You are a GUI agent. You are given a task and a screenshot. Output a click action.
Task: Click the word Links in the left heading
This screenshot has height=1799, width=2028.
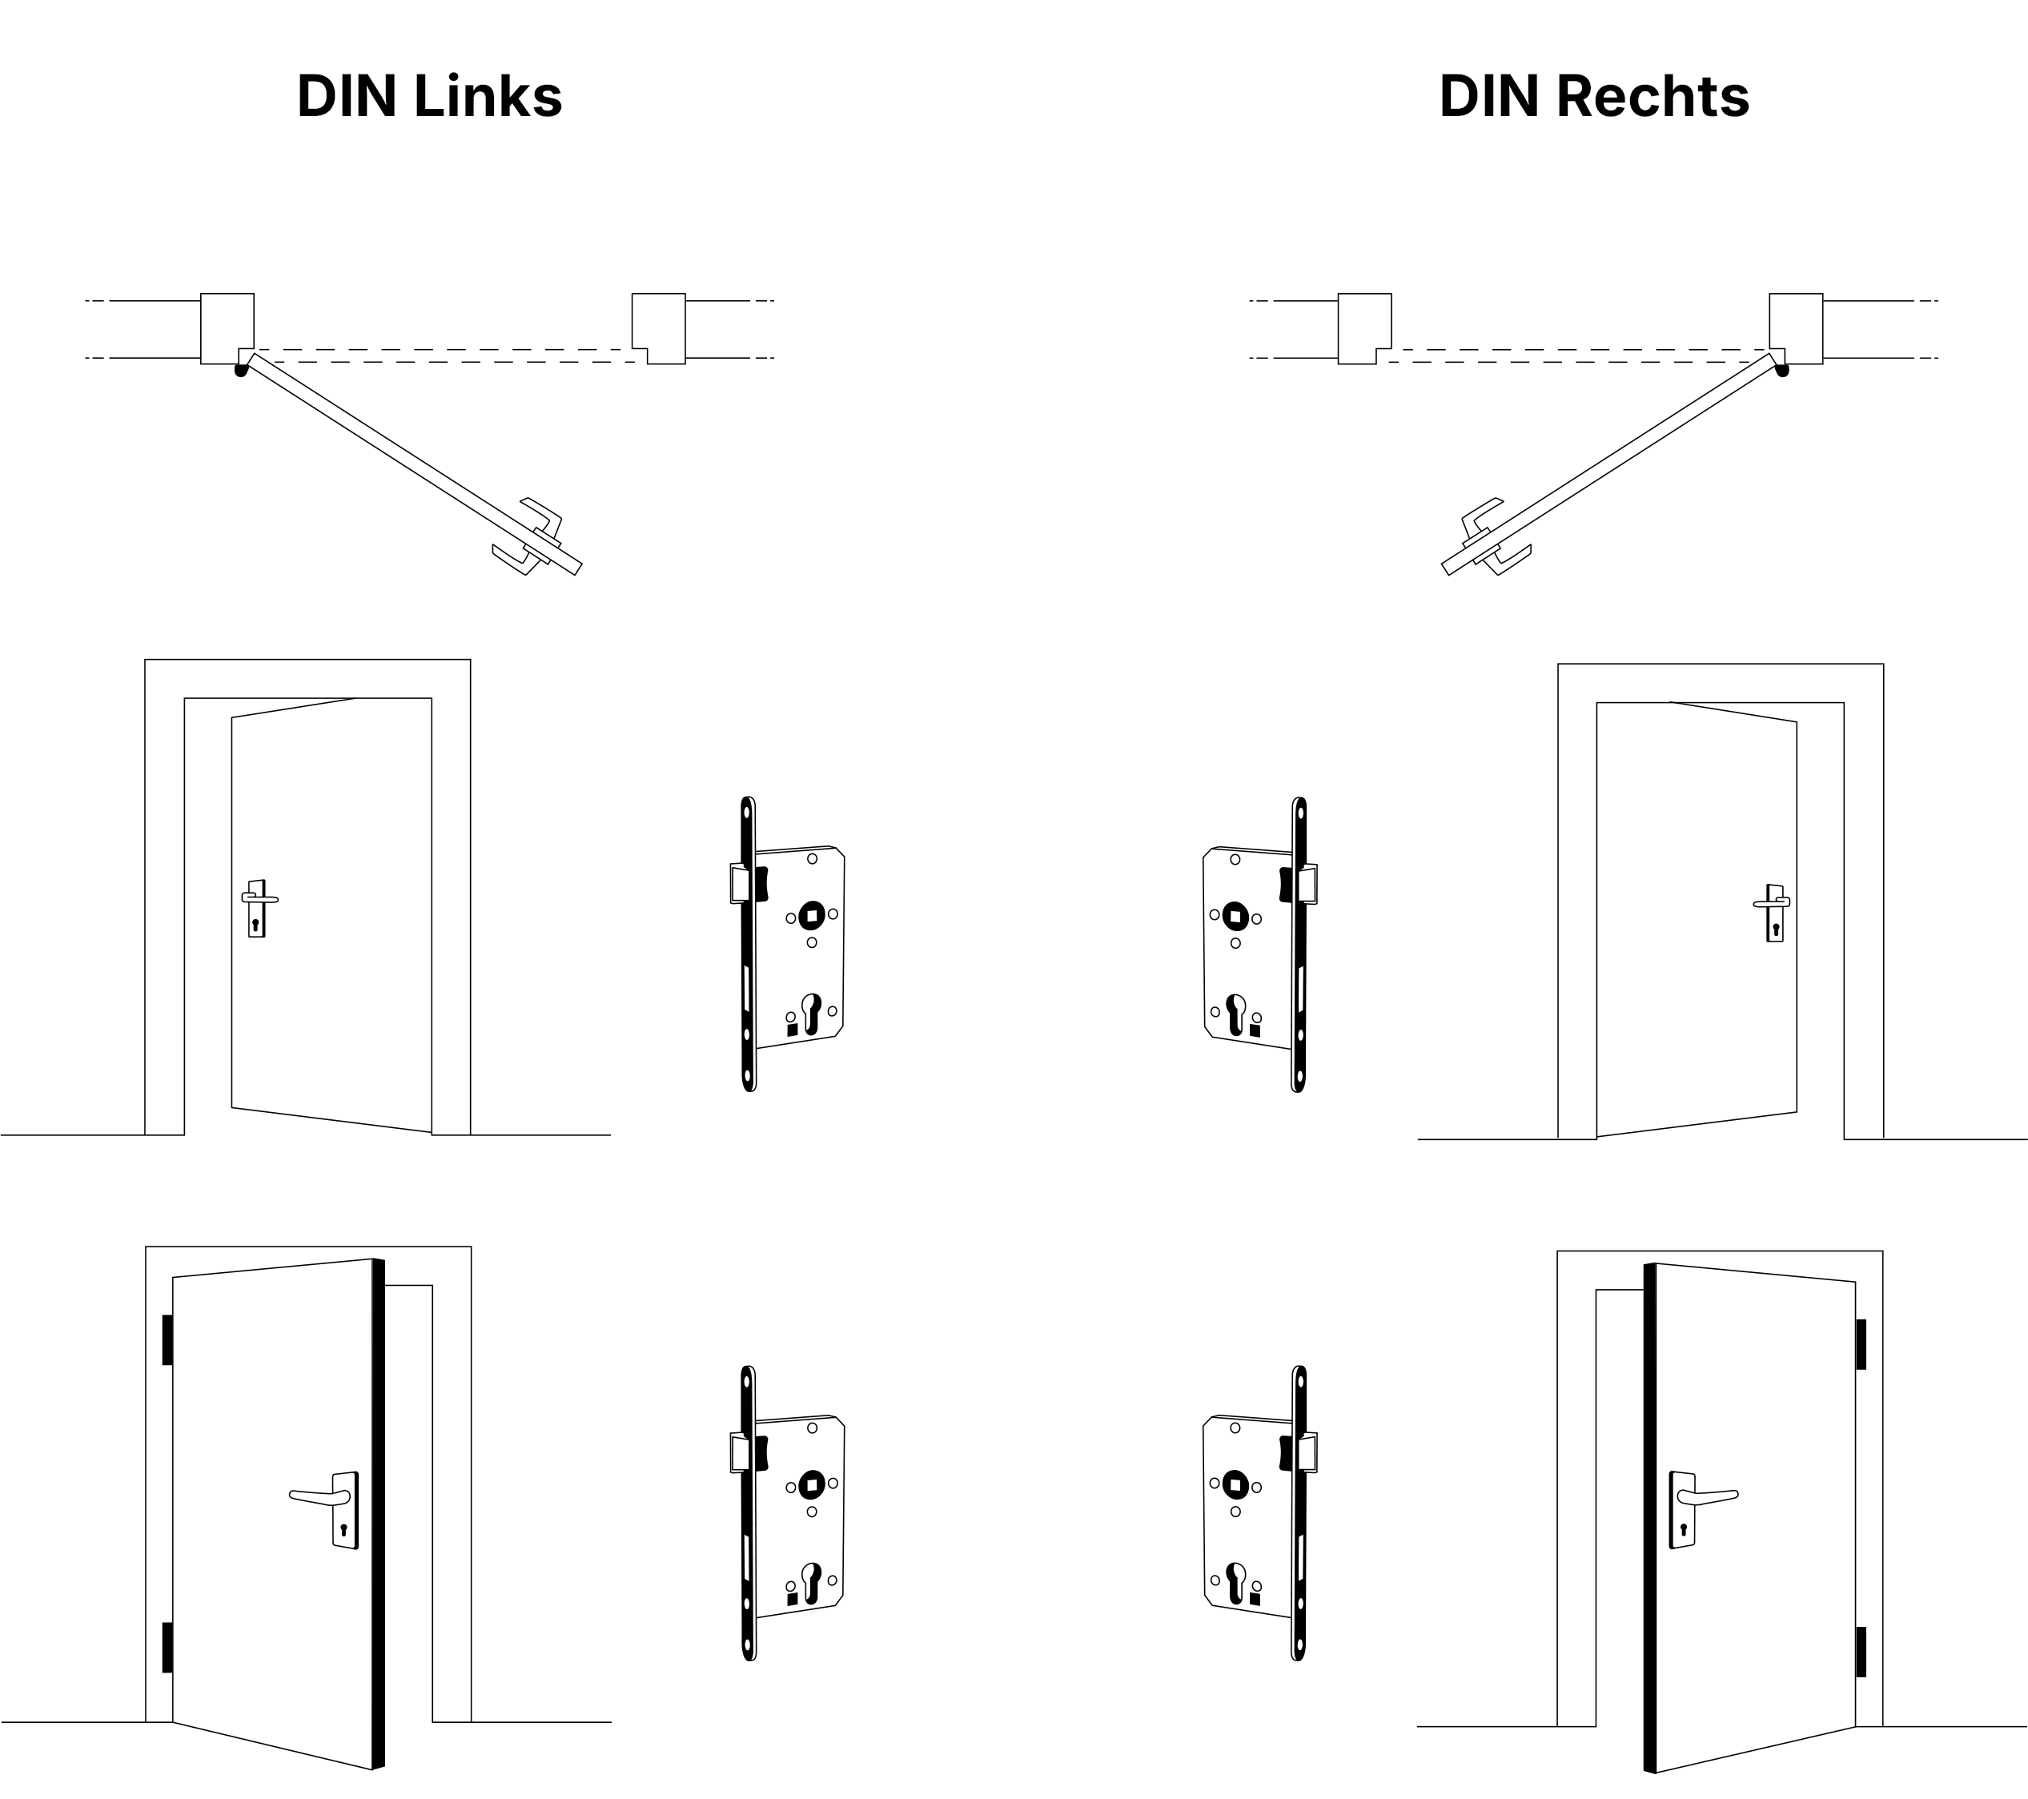(487, 96)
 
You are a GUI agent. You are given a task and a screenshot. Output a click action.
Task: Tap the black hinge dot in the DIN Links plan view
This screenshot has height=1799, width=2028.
(240, 371)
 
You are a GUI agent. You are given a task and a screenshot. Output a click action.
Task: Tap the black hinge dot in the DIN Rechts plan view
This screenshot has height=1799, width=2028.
(1782, 371)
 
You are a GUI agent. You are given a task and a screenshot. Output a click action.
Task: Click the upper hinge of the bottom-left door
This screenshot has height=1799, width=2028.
(167, 1339)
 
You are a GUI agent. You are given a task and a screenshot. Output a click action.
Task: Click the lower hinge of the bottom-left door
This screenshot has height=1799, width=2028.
(167, 1647)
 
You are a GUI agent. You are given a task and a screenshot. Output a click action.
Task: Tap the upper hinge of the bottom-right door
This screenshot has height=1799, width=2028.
(1861, 1343)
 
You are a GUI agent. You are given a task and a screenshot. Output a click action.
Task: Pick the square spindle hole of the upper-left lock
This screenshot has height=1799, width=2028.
(812, 915)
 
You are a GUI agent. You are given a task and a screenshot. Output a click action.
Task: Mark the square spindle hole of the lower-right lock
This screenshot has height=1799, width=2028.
(1235, 1484)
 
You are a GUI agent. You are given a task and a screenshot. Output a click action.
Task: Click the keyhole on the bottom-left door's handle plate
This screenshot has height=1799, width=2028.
(343, 1530)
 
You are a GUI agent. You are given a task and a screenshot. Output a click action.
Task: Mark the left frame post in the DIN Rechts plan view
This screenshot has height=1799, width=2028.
(1363, 327)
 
